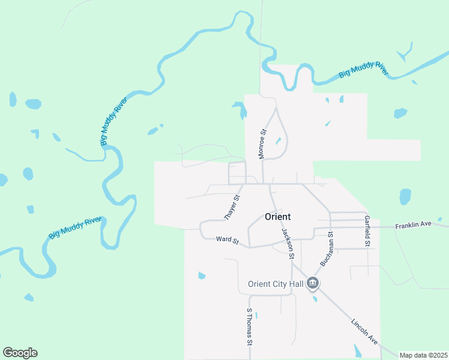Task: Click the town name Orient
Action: pos(278,217)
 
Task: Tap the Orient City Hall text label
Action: pos(277,284)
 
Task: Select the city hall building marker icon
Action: pos(313,283)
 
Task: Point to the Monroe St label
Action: pos(262,144)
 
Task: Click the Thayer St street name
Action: pos(232,208)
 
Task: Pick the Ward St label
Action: pos(228,240)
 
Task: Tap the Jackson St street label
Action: pos(288,243)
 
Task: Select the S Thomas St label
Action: pos(249,327)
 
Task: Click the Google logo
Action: pos(20,353)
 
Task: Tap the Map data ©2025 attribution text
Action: pos(423,355)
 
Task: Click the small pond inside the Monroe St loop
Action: pos(278,142)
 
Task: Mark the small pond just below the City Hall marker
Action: pos(315,299)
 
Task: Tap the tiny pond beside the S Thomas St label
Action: pos(256,315)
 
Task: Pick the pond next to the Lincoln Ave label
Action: pos(358,350)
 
